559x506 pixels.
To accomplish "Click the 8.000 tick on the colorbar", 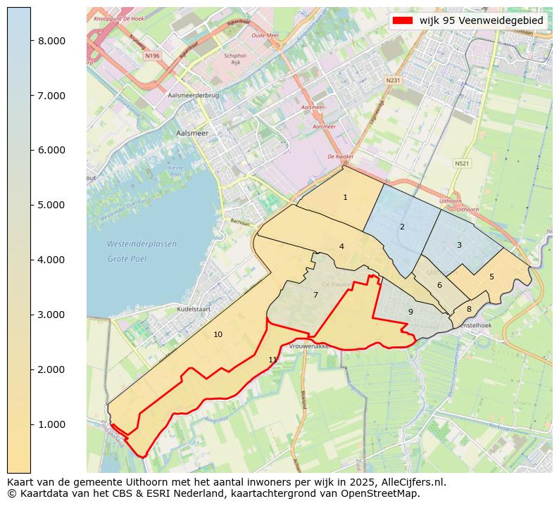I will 52,41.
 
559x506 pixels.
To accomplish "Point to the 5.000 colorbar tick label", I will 52,205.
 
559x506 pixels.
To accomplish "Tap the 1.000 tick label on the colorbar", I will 52,424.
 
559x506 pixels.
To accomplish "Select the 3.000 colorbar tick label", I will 52,315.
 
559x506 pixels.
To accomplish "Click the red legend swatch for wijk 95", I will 403,20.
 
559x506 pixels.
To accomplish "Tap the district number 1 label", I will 345,198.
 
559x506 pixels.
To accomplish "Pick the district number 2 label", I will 402,227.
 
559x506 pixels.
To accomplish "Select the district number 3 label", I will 459,245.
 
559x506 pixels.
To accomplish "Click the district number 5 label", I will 491,277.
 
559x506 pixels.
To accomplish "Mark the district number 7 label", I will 315,295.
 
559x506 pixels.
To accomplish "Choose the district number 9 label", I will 410,312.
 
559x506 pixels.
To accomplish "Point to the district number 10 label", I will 218,334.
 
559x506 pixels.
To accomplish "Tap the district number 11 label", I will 272,360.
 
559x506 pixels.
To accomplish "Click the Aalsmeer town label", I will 191,133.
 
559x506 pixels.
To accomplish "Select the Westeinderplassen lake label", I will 142,244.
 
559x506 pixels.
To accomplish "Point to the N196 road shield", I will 152,56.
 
